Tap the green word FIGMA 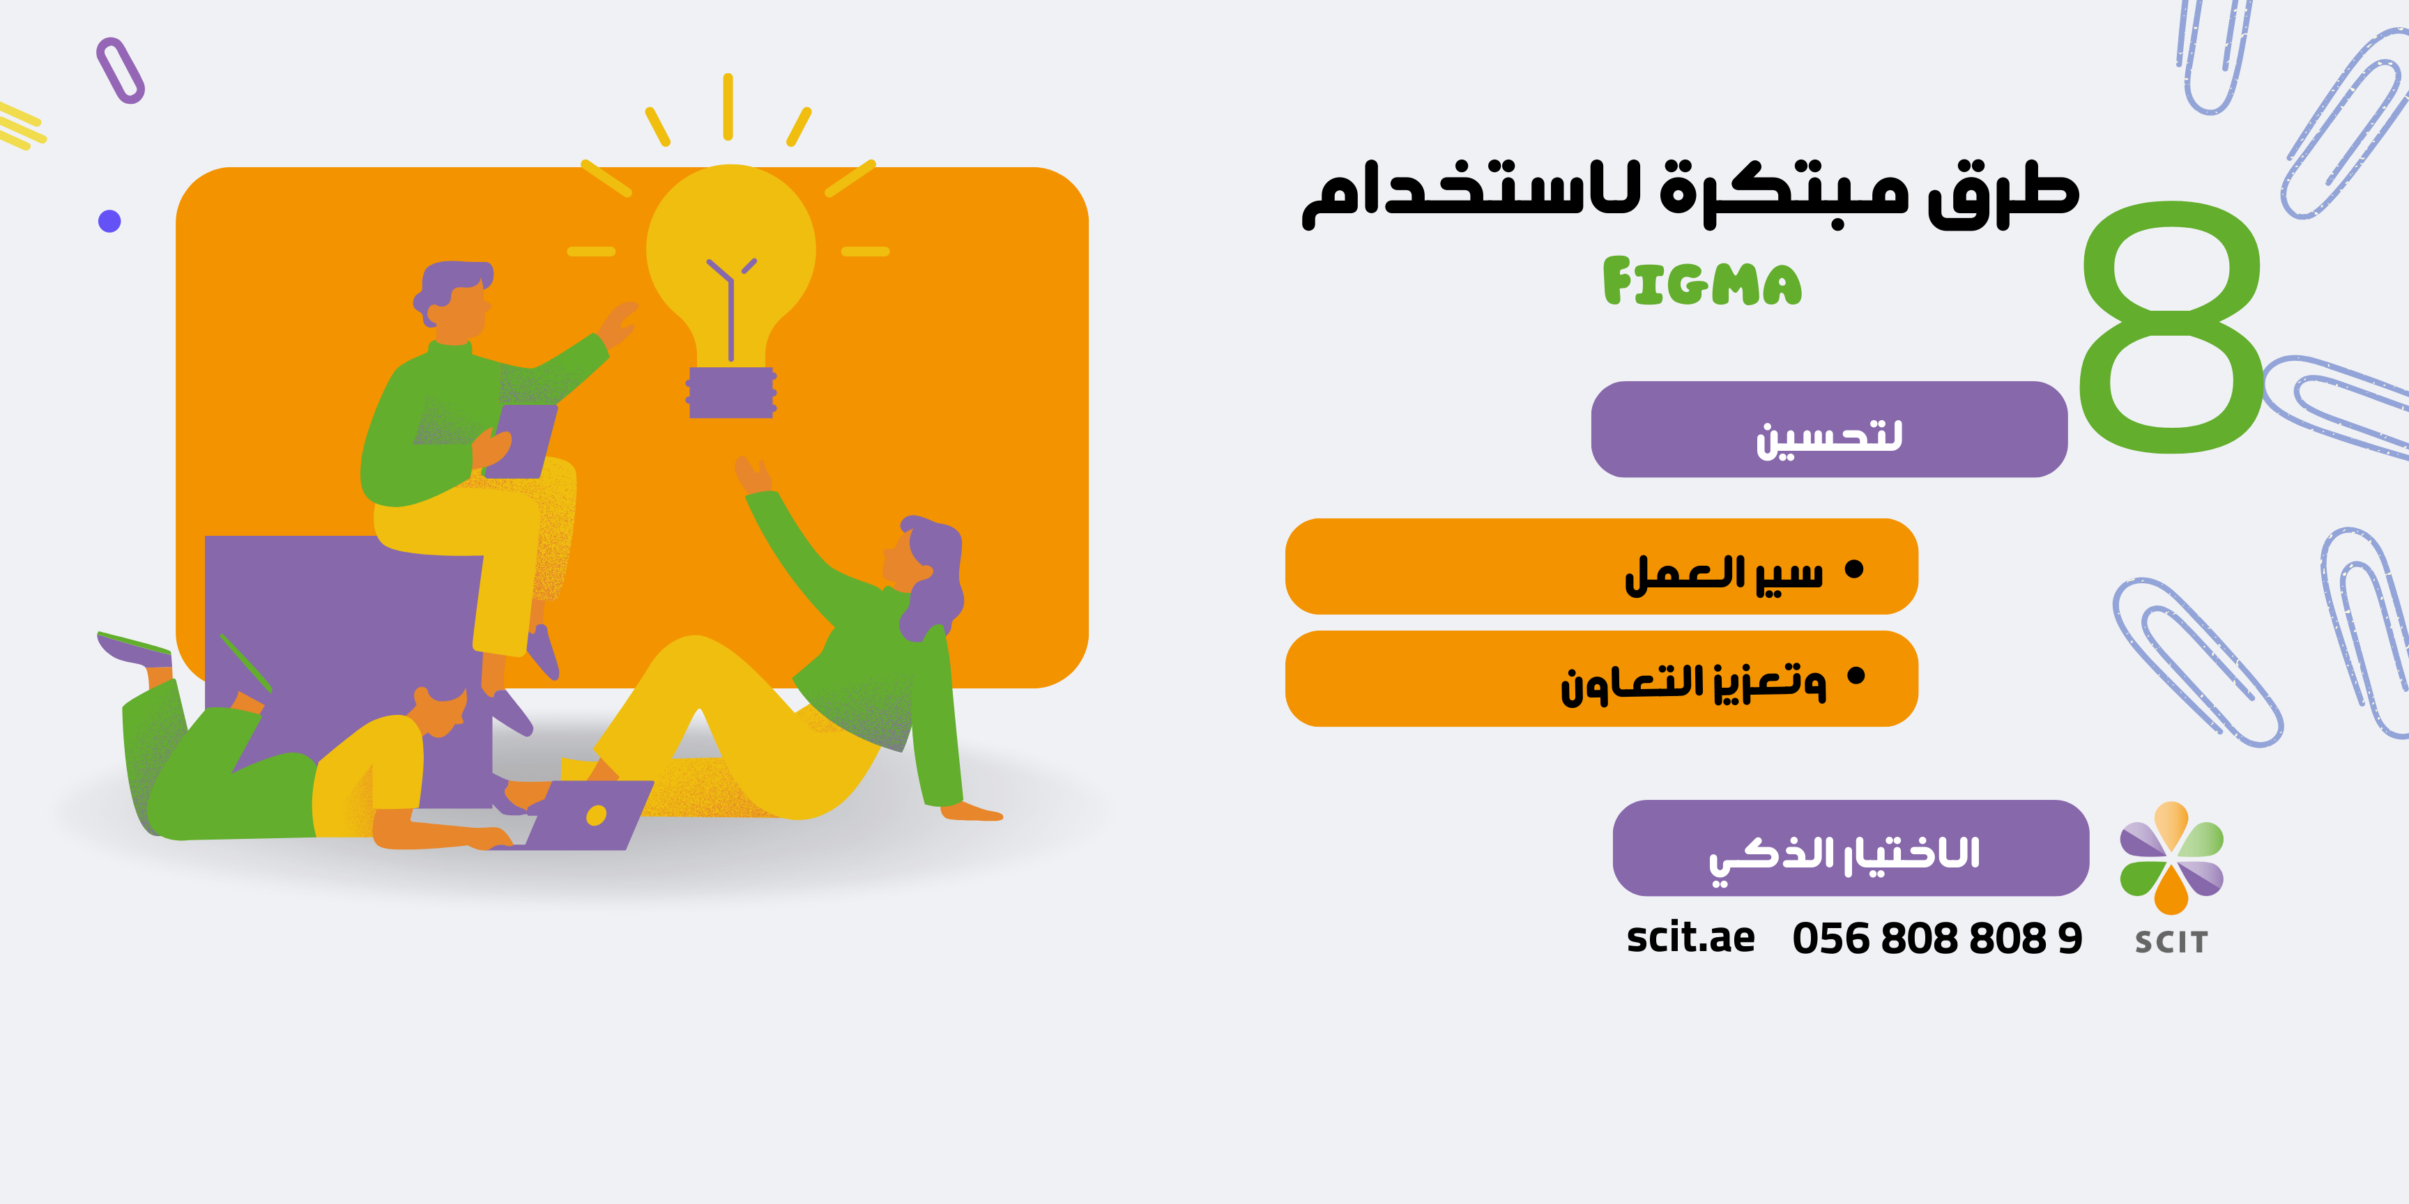click(1702, 282)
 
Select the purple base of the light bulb click(731, 392)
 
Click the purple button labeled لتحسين click(1829, 429)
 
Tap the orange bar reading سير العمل click(1602, 566)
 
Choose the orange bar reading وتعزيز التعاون click(1602, 679)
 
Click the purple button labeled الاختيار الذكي click(1851, 848)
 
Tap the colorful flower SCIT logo click(2171, 857)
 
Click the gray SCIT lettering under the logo click(2171, 942)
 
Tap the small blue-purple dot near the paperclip click(109, 221)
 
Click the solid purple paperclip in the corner click(121, 70)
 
